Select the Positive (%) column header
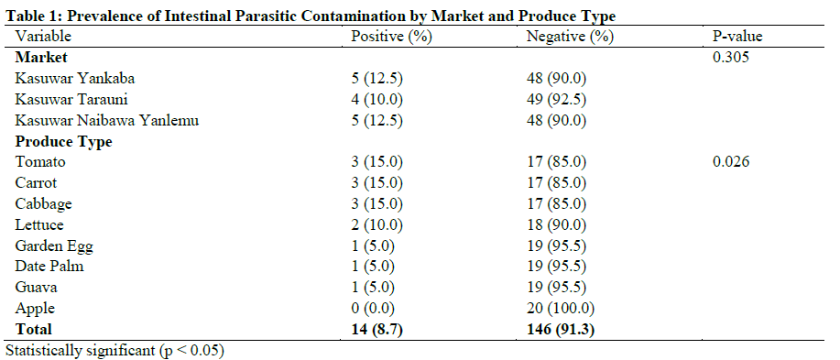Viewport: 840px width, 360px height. click(391, 37)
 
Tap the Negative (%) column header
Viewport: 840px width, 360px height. click(569, 37)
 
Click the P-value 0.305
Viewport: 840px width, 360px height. click(731, 57)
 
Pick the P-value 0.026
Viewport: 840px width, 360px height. click(731, 162)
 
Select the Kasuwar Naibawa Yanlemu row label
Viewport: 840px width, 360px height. click(107, 120)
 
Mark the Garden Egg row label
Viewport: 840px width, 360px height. click(54, 245)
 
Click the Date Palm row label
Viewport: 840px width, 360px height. click(49, 267)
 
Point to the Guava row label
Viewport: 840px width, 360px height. click(37, 288)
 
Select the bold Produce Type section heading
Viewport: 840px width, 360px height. click(63, 141)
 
